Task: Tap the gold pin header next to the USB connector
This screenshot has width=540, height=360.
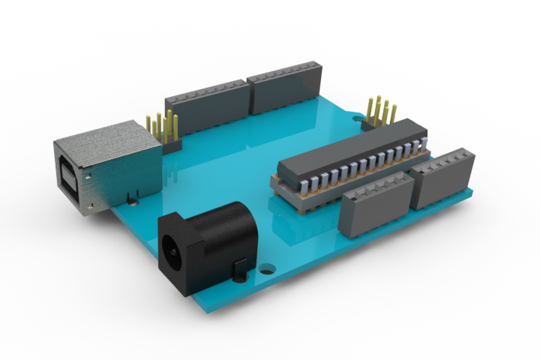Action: pyautogui.click(x=162, y=127)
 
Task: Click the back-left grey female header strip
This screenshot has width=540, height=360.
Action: pyautogui.click(x=207, y=105)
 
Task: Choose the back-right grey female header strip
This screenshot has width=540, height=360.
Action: pyautogui.click(x=285, y=86)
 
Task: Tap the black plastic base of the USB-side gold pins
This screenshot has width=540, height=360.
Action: pyautogui.click(x=171, y=145)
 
